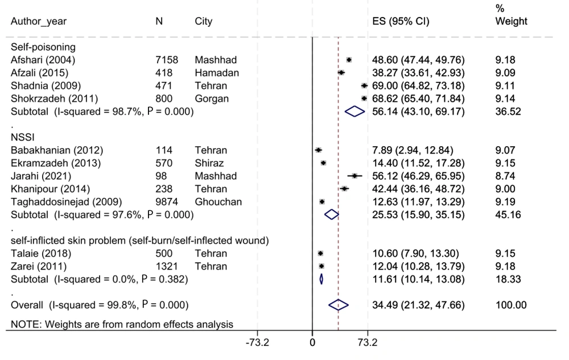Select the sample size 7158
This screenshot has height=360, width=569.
(x=167, y=60)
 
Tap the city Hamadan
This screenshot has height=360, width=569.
(x=217, y=73)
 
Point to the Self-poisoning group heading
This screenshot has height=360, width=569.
(x=39, y=47)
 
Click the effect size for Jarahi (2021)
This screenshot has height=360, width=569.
(x=417, y=176)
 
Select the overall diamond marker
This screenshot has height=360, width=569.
(x=339, y=305)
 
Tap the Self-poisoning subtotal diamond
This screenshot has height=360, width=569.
(x=354, y=112)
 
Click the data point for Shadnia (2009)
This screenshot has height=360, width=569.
(x=364, y=86)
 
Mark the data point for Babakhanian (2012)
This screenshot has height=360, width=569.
(x=318, y=150)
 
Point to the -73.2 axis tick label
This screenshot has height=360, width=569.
(x=257, y=342)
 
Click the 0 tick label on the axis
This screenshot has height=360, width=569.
(x=312, y=342)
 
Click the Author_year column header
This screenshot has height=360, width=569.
(x=39, y=22)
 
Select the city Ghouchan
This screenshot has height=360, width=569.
(x=217, y=201)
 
